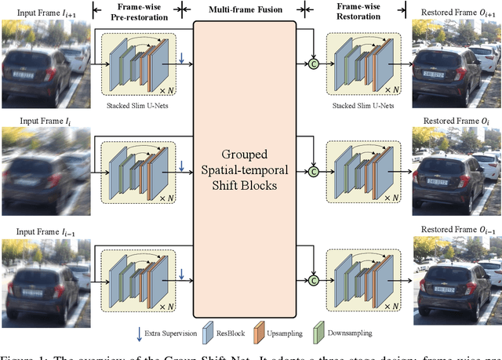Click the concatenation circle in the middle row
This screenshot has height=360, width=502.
coord(315,170)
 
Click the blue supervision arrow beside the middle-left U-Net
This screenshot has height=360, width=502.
coord(182,165)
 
